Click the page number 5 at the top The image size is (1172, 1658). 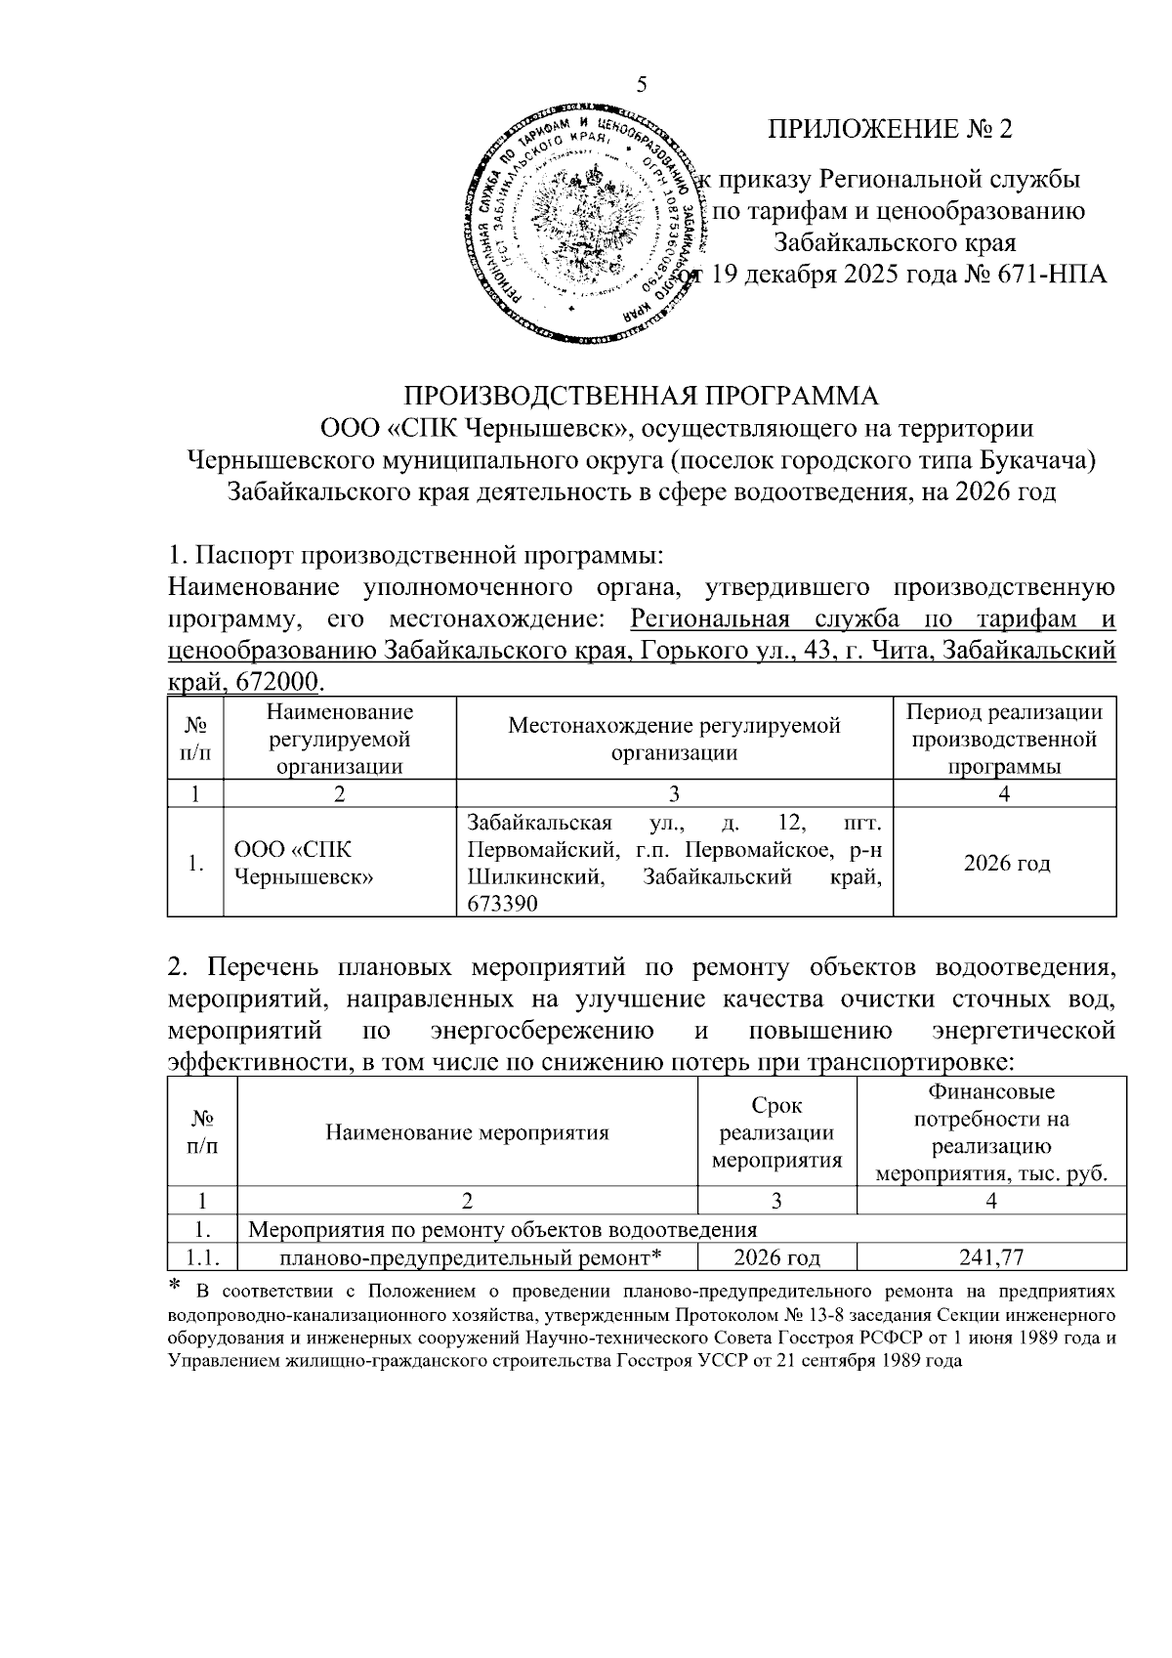pyautogui.click(x=642, y=84)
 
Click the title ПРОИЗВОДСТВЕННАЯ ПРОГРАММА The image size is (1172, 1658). pyautogui.click(x=641, y=396)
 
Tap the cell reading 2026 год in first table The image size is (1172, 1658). pyautogui.click(x=1006, y=864)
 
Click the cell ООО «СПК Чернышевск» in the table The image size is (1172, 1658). pyautogui.click(x=305, y=864)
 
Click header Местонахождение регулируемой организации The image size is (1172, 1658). pyautogui.click(x=674, y=739)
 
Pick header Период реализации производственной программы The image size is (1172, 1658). pyautogui.click(x=1005, y=739)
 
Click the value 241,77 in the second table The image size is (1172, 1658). pyautogui.click(x=991, y=1257)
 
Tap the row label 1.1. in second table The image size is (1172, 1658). pyautogui.click(x=201, y=1257)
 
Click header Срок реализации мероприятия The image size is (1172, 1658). pyautogui.click(x=776, y=1133)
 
